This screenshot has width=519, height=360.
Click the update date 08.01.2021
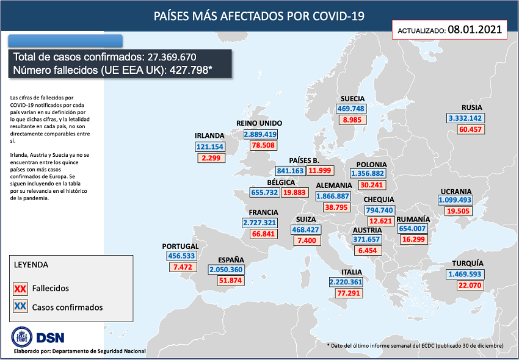click(474, 29)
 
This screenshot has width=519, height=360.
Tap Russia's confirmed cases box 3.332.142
click(465, 118)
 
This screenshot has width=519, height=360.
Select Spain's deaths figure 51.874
click(230, 281)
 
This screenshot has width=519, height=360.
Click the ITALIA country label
click(352, 272)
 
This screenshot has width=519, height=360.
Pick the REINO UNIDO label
click(259, 123)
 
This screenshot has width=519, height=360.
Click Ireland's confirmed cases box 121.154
click(210, 146)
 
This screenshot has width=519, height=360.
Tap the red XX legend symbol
click(20, 289)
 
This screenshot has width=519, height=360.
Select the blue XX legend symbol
click(20, 307)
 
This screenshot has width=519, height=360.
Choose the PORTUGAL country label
click(180, 246)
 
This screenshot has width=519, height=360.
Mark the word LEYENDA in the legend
click(31, 265)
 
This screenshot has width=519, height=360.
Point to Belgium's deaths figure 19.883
click(295, 192)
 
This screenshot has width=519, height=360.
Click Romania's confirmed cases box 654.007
click(412, 229)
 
